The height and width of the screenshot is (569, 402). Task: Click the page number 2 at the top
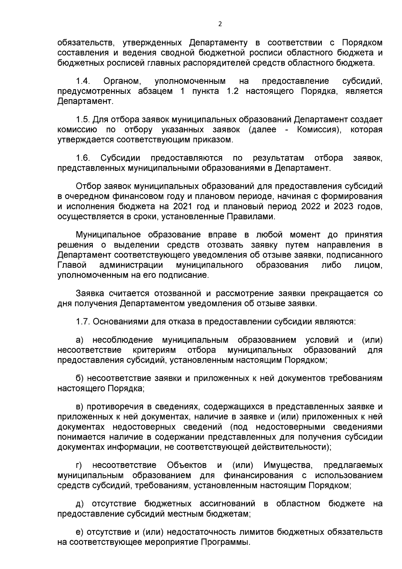click(220, 24)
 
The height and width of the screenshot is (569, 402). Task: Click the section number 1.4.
click(82, 81)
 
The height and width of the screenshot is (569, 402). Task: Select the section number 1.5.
click(82, 120)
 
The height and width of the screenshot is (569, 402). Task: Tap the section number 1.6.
click(82, 158)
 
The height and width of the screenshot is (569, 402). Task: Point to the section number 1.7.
click(82, 322)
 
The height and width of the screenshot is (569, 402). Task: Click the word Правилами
click(253, 217)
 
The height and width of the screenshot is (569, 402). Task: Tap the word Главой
click(72, 265)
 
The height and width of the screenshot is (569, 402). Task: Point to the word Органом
click(121, 81)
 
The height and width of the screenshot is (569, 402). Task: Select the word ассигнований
click(227, 504)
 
